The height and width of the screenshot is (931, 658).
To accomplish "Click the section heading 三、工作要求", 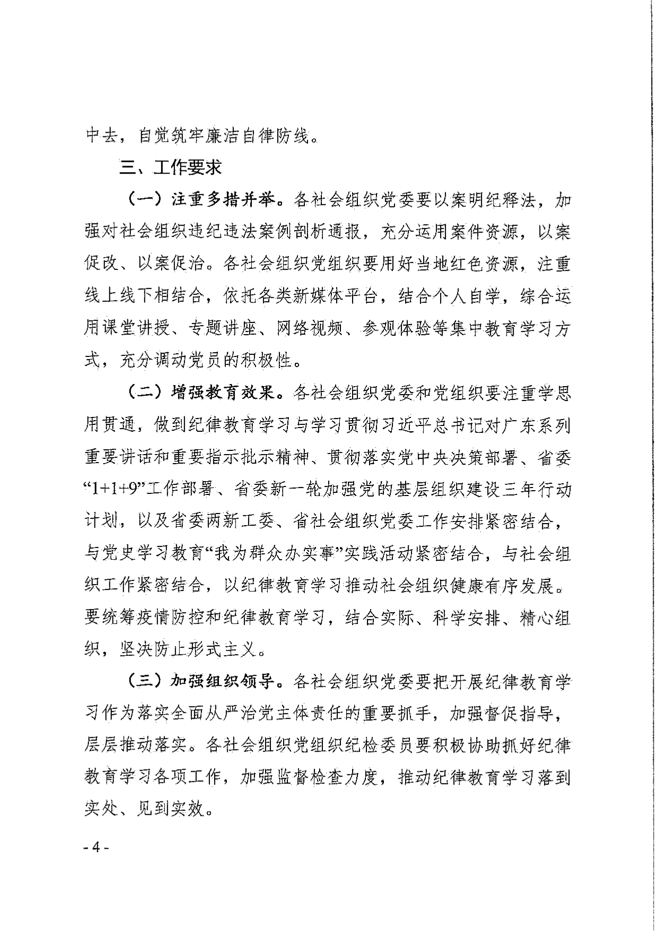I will pos(170,168).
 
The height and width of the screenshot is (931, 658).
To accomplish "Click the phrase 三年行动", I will pos(537,490).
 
